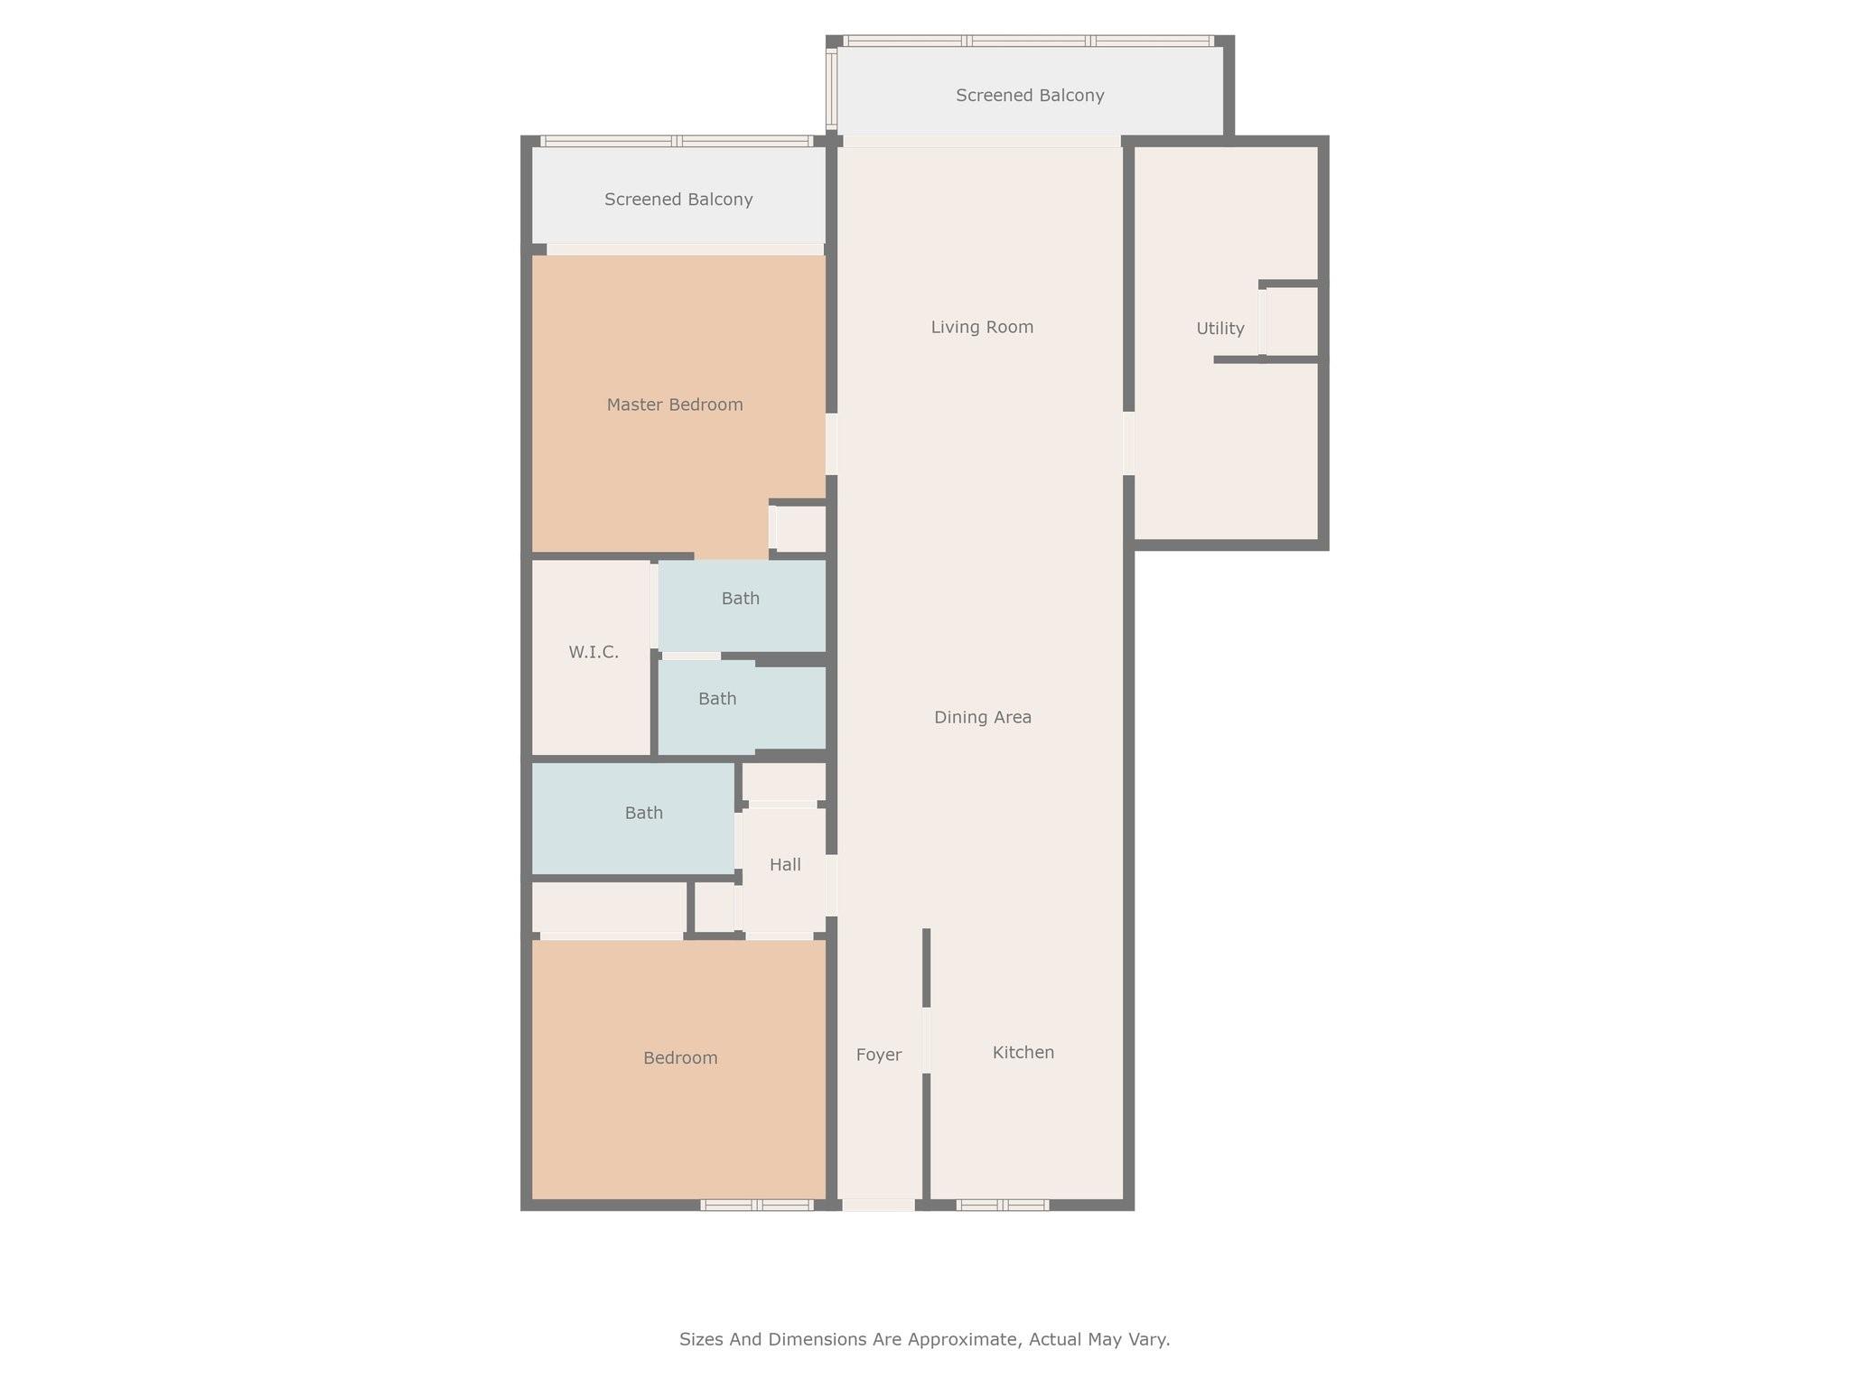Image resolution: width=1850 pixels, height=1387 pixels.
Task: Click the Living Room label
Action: [982, 327]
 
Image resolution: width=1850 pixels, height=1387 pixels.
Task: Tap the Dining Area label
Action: [983, 717]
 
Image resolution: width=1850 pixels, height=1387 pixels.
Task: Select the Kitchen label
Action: [1023, 1052]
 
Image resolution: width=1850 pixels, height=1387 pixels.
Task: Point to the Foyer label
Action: [879, 1055]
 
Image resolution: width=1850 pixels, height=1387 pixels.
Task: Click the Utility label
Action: [1220, 329]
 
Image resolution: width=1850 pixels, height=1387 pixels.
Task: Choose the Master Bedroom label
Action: [675, 405]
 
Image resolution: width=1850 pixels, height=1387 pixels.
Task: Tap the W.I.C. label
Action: [593, 652]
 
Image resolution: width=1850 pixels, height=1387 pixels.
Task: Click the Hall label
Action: [785, 865]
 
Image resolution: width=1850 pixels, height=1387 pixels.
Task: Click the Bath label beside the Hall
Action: [644, 813]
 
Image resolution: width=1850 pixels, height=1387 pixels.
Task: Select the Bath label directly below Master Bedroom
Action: [741, 599]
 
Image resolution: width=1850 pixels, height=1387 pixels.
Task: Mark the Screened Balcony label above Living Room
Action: [1030, 95]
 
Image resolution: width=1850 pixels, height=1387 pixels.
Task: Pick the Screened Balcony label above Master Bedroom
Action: [678, 200]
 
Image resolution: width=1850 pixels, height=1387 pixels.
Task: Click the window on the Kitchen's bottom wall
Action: [1003, 1205]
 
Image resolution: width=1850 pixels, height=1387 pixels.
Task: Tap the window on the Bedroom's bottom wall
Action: [757, 1205]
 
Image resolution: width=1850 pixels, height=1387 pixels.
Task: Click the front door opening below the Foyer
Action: [878, 1205]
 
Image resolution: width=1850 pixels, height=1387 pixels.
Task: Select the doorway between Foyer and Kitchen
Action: [926, 1040]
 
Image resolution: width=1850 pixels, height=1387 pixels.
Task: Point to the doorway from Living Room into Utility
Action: [1128, 442]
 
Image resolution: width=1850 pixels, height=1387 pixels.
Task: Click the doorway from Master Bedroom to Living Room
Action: [831, 443]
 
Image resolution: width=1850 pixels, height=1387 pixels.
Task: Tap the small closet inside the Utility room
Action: [1292, 321]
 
